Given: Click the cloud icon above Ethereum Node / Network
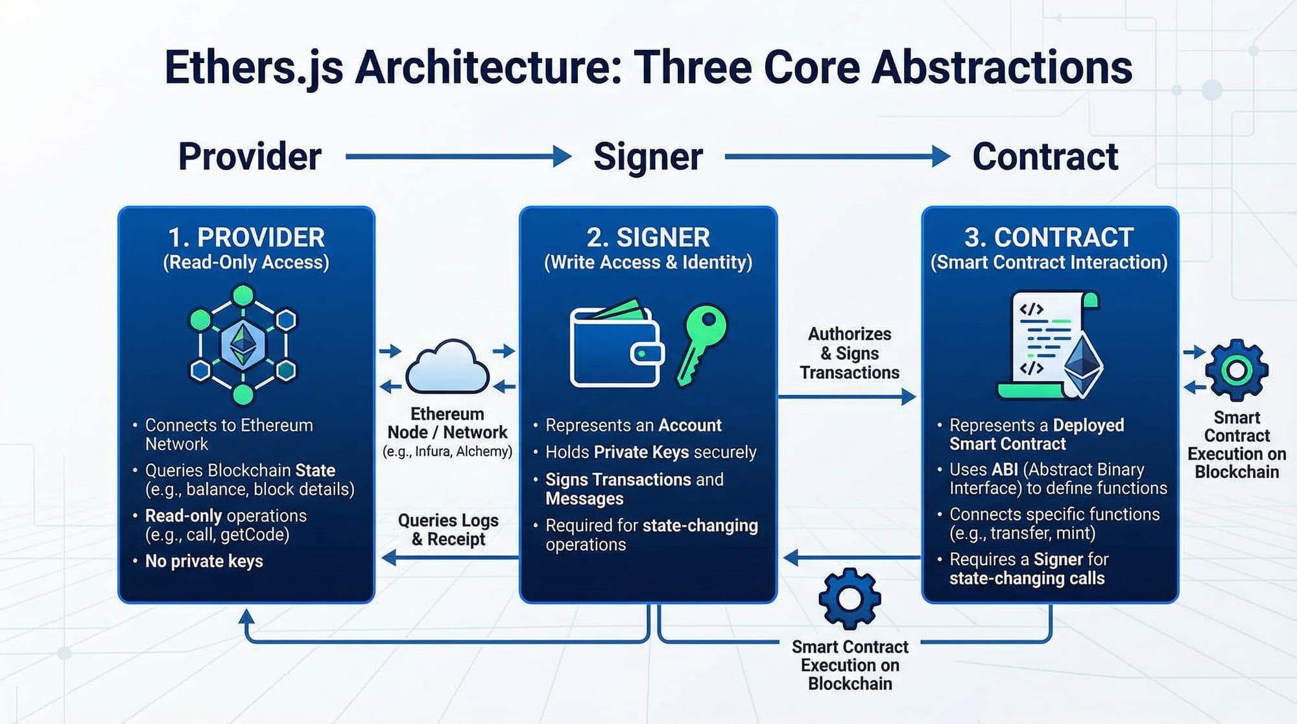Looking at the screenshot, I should (447, 367).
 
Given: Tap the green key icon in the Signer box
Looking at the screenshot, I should (701, 342).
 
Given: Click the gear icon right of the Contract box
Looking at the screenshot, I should (1236, 370).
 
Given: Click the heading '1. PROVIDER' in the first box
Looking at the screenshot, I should (246, 237).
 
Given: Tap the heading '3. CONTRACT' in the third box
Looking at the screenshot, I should (1049, 237).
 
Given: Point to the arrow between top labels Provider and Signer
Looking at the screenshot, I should (458, 156).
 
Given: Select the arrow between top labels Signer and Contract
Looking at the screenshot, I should (837, 156).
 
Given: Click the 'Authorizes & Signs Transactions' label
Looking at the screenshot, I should (850, 353).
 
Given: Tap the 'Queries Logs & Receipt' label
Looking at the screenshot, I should (448, 529).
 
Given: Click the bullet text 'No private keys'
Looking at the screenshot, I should (204, 561).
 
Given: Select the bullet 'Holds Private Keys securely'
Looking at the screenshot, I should (650, 452).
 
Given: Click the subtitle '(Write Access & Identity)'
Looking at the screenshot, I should (648, 262).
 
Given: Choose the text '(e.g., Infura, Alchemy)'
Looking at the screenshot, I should (447, 452).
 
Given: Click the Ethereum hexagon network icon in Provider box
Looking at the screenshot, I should (243, 344).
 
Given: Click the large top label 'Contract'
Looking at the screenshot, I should (1045, 156).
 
